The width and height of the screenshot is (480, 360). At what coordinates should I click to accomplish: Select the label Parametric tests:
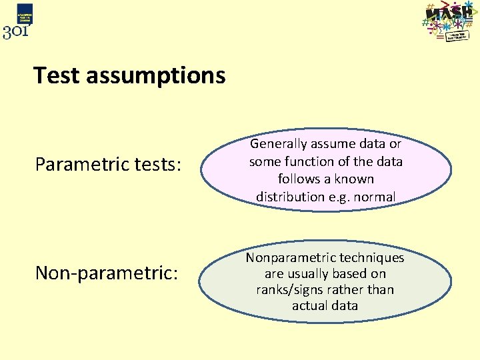pyautogui.click(x=107, y=164)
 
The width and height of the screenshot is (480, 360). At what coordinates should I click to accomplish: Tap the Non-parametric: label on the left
pyautogui.click(x=106, y=273)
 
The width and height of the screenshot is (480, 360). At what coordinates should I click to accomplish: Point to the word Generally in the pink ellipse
pyautogui.click(x=278, y=143)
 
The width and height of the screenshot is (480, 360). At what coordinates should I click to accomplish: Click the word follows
pyautogui.click(x=299, y=179)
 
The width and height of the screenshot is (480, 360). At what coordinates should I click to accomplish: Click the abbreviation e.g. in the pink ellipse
pyautogui.click(x=343, y=197)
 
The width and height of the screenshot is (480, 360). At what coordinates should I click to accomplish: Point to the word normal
pyautogui.click(x=377, y=197)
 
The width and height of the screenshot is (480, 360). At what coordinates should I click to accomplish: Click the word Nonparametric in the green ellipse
pyautogui.click(x=289, y=257)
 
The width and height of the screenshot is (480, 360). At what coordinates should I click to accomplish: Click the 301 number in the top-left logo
pyautogui.click(x=16, y=31)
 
